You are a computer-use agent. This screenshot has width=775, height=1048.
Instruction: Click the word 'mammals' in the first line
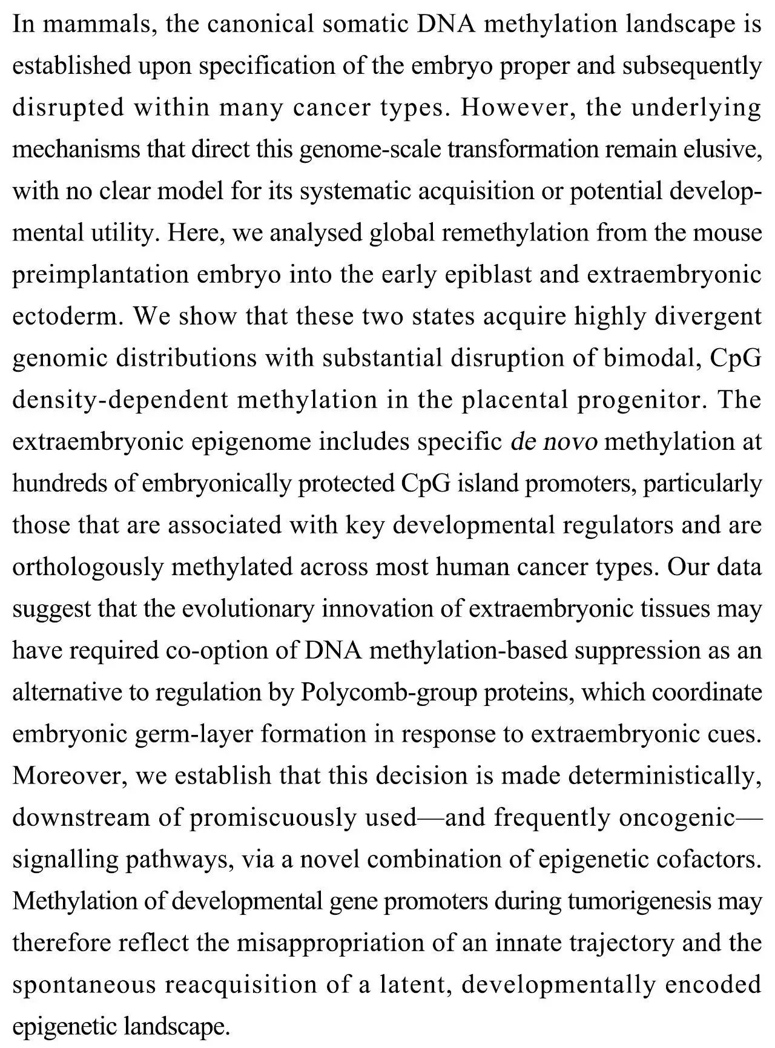93,24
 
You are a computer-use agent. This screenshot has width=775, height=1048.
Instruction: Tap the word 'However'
515,108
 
